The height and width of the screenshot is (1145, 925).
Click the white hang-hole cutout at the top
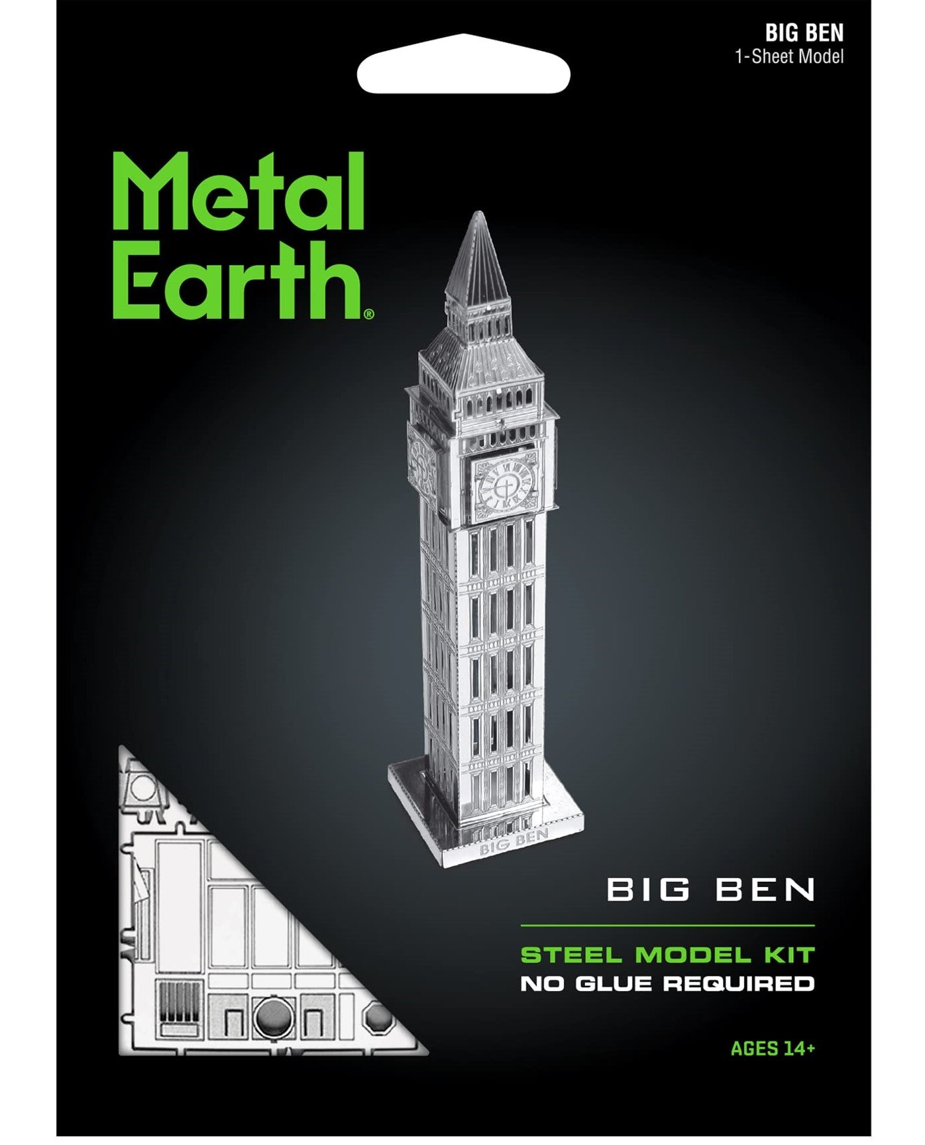click(463, 72)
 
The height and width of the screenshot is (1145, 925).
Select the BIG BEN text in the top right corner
click(804, 33)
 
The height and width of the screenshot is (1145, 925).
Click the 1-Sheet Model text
click(789, 56)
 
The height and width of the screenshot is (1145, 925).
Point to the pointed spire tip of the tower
click(478, 216)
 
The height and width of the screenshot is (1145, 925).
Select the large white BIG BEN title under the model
click(710, 890)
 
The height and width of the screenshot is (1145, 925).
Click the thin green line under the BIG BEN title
click(667, 925)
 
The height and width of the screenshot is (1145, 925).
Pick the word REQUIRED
click(738, 983)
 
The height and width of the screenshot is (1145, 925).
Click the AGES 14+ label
click(773, 1048)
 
